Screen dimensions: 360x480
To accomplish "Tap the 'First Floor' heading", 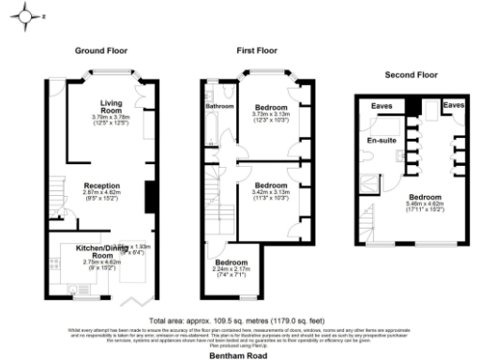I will (x=259, y=51).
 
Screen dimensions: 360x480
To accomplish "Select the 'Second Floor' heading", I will (x=412, y=73).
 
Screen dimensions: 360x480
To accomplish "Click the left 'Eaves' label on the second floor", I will (x=381, y=106).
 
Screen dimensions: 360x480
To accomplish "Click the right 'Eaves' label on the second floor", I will (x=453, y=106).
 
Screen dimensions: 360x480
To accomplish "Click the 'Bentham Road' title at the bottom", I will (x=240, y=354).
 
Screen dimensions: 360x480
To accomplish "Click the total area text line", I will (x=240, y=319).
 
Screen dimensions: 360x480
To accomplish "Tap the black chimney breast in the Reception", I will (x=148, y=198).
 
